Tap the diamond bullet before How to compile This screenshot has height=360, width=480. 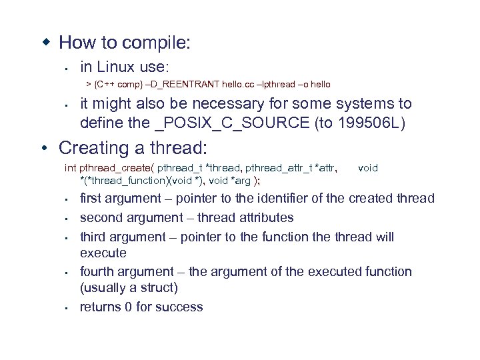point(46,43)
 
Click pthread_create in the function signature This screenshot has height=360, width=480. point(116,169)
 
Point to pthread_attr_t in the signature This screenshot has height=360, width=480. point(274,169)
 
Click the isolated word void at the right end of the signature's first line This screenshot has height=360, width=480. point(368,169)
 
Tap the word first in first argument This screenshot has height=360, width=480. point(93,199)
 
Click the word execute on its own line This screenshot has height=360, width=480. point(103,253)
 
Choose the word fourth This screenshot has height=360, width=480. point(97,271)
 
